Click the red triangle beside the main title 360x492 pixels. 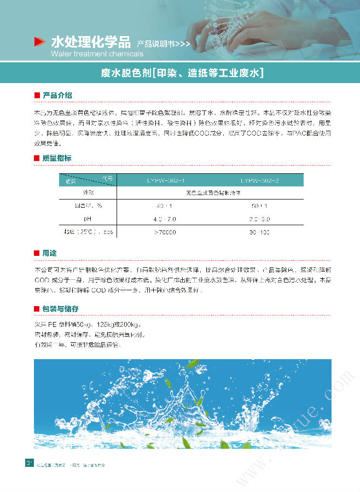click(x=39, y=42)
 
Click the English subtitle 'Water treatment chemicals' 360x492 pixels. click(x=97, y=54)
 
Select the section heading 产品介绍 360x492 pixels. click(x=57, y=95)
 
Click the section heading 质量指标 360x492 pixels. click(x=57, y=158)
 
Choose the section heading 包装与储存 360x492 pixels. click(x=61, y=308)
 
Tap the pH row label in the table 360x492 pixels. click(x=87, y=219)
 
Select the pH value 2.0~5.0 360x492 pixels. click(x=259, y=219)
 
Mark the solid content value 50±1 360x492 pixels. click(x=259, y=206)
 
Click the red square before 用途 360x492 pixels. click(x=37, y=254)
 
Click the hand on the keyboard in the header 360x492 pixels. click(x=263, y=27)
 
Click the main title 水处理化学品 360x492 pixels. click(x=90, y=41)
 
